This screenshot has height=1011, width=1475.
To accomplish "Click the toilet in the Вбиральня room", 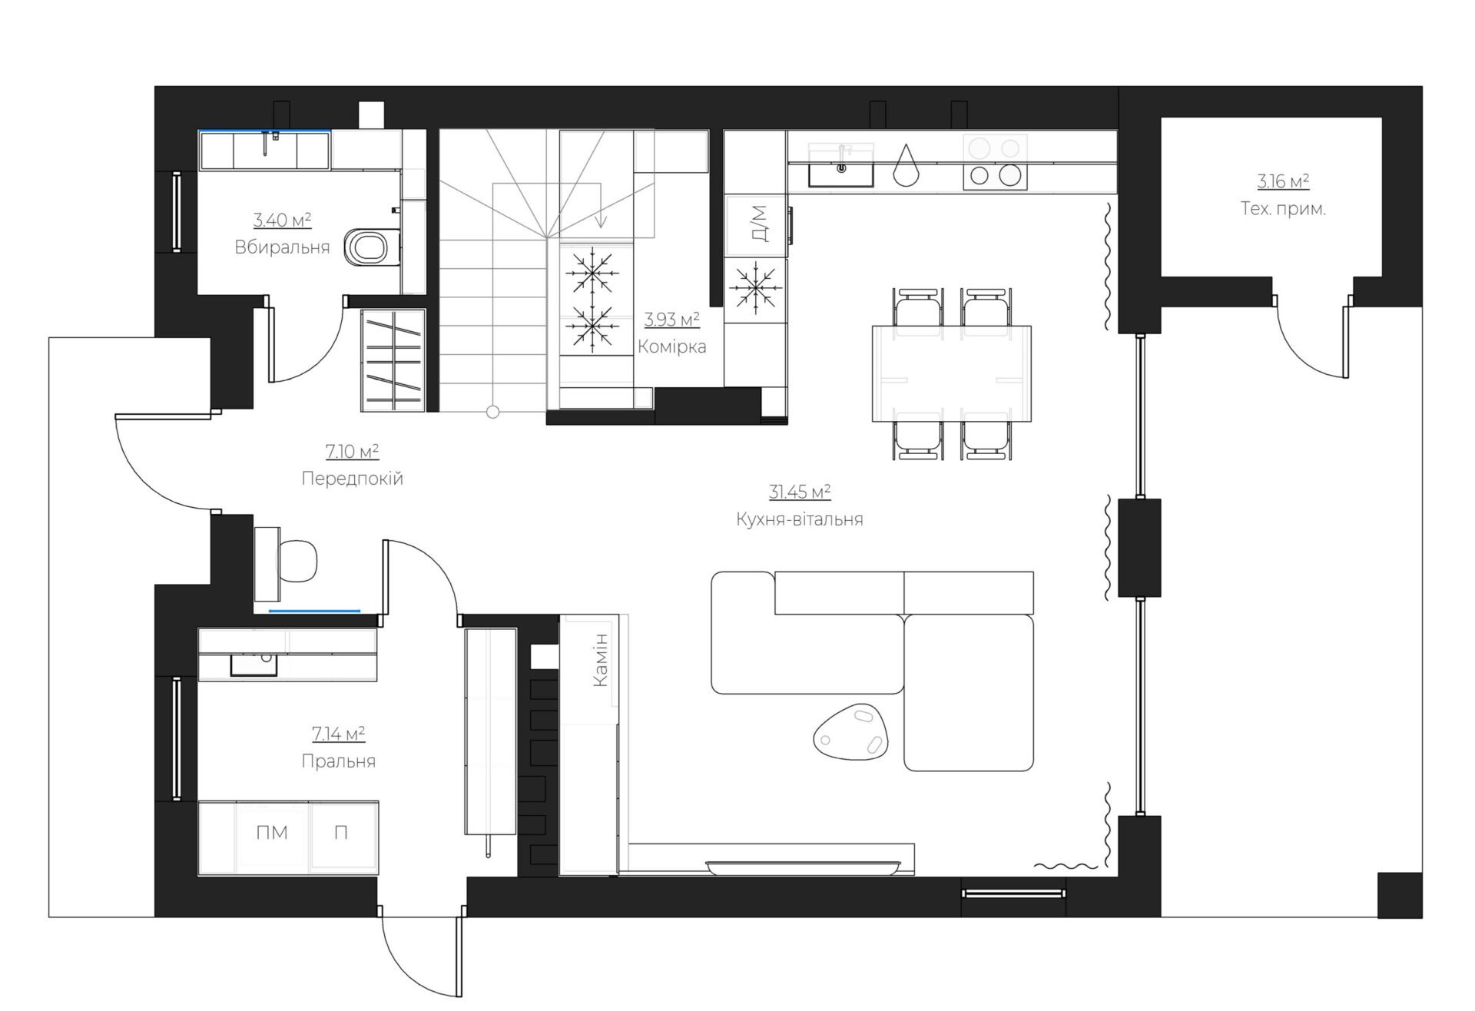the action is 373,247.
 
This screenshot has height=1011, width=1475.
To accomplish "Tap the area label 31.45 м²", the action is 800,492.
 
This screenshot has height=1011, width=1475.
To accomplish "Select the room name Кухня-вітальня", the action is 800,519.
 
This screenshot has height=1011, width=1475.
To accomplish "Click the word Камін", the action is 601,659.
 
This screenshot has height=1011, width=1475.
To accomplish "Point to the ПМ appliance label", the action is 273,833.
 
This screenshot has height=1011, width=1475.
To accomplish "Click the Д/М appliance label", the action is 759,224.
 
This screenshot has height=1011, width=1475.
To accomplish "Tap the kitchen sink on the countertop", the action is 841,167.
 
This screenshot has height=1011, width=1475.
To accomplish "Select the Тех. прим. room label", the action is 1283,208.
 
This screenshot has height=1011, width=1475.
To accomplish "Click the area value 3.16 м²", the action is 1283,182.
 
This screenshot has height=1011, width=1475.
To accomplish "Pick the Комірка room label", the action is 672,346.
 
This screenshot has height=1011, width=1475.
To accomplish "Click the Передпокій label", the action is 352,479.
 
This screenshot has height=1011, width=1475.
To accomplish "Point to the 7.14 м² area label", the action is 338,734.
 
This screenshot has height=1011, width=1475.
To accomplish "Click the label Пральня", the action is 338,761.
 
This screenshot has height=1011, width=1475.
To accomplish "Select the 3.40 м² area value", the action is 282,220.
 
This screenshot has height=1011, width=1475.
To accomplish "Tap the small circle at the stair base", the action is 493,412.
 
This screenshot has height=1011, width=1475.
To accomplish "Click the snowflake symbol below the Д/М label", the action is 756,288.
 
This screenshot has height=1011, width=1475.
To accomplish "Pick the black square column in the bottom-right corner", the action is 1400,895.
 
